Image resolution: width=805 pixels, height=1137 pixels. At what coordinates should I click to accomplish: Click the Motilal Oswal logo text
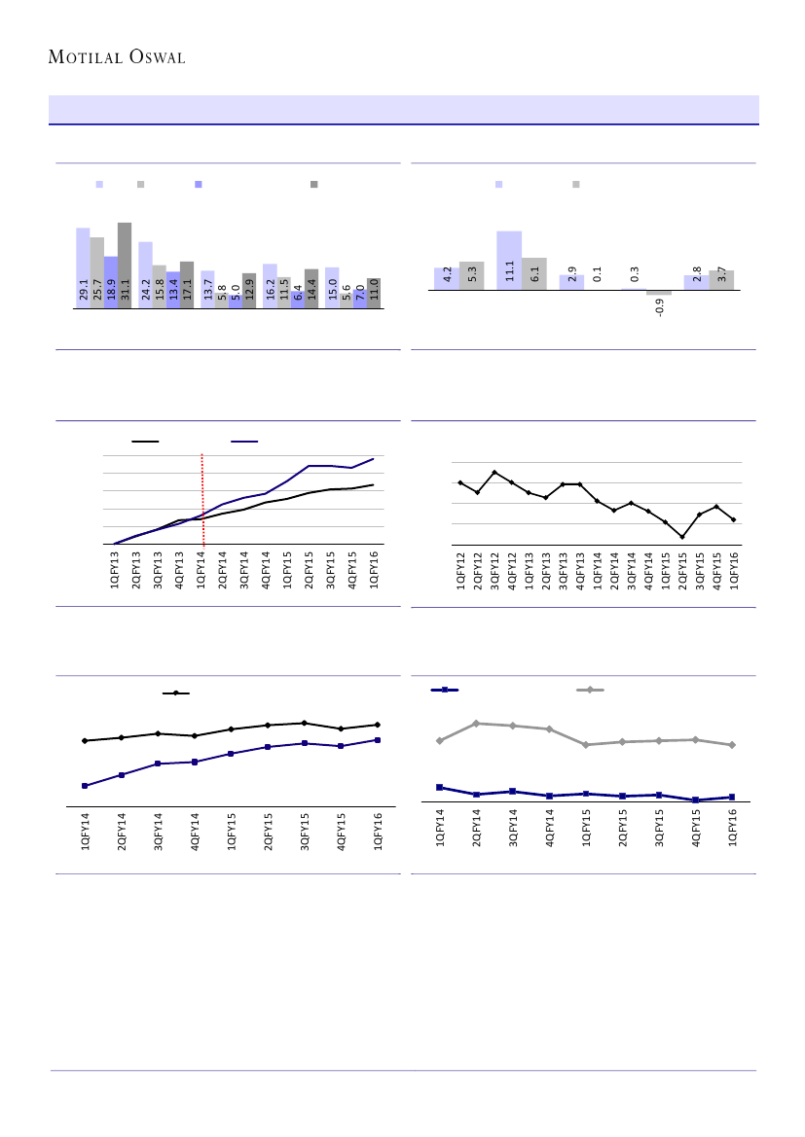117,57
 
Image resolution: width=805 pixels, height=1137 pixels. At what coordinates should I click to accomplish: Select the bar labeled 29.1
83,267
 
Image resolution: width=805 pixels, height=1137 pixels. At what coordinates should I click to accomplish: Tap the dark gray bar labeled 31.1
125,265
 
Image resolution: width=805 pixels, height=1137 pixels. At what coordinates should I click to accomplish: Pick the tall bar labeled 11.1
509,260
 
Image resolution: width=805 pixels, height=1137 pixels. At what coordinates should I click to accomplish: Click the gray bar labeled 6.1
534,273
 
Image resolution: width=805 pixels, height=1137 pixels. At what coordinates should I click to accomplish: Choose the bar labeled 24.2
145,274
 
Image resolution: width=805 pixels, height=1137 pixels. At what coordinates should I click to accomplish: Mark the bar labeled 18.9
111,282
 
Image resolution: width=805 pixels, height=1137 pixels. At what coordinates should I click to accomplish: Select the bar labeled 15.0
332,287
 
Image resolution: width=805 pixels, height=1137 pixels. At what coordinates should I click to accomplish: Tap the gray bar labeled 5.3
472,275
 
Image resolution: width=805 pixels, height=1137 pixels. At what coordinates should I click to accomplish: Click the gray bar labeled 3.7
721,279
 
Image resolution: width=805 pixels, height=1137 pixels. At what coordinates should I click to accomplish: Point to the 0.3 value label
635,274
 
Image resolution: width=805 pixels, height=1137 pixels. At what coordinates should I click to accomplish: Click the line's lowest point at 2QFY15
682,537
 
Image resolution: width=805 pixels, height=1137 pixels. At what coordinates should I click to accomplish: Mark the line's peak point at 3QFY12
495,472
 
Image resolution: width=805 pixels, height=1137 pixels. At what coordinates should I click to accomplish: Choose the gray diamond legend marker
590,690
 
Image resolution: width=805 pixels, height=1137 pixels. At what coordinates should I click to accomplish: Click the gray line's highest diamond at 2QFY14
476,723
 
